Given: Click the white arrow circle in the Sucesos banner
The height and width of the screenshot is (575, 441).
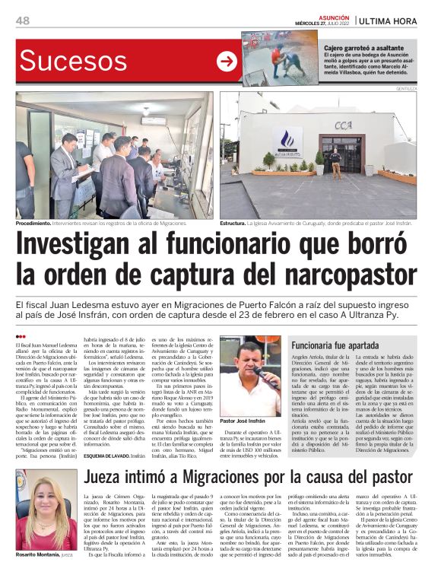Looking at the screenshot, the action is click(x=227, y=62).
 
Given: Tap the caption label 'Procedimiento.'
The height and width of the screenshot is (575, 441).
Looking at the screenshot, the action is click(x=34, y=224).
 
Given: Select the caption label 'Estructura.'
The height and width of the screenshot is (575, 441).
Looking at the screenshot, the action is click(x=233, y=224).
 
